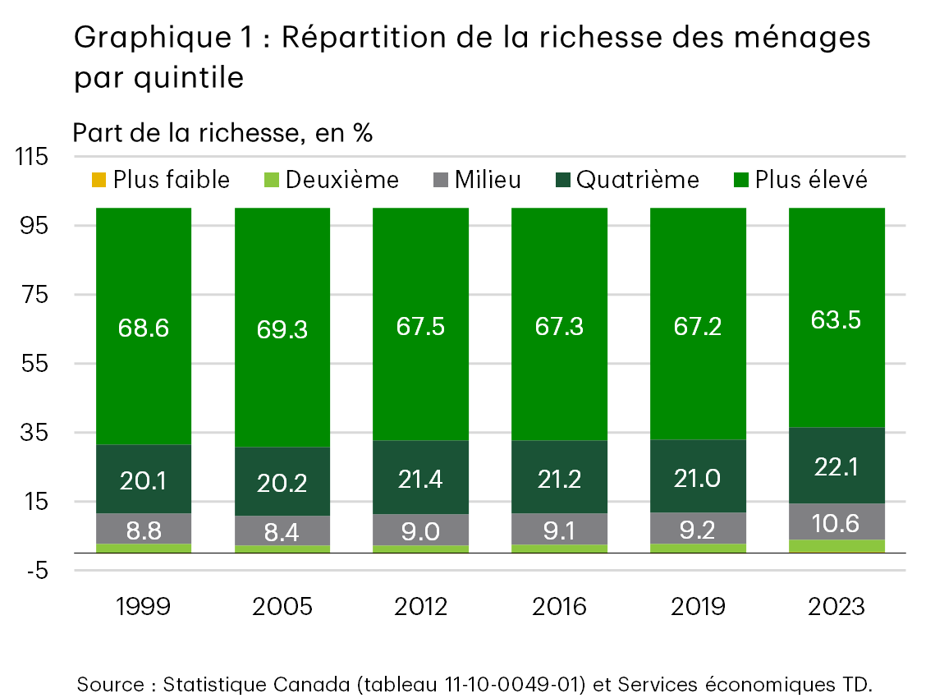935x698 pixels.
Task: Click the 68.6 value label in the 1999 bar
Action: [x=144, y=328]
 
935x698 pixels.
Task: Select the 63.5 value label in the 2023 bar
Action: [x=836, y=319]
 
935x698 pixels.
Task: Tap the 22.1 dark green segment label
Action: [x=836, y=466]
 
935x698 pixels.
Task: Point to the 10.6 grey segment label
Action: [x=836, y=522]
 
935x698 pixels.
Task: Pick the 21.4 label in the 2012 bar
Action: [x=420, y=479]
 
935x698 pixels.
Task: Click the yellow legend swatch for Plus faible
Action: [x=98, y=180]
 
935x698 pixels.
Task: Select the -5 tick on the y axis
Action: [x=37, y=571]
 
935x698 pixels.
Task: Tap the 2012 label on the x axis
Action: [x=420, y=607]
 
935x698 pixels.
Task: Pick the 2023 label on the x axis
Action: [x=836, y=607]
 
